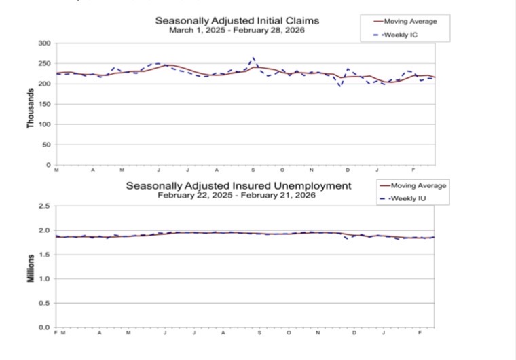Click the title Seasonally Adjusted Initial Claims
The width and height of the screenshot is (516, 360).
(x=237, y=21)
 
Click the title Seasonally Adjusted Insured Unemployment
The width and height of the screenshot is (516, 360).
(x=238, y=185)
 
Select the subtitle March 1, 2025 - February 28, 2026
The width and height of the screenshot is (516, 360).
(x=237, y=31)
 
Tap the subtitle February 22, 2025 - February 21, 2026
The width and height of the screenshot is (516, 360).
(x=237, y=195)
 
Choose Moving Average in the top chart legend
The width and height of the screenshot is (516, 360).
(x=410, y=22)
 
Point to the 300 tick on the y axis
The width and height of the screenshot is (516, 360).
(x=44, y=43)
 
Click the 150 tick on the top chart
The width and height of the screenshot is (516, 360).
(x=44, y=104)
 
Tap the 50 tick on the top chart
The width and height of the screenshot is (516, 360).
(x=46, y=145)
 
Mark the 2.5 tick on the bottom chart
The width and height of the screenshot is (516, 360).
(x=45, y=206)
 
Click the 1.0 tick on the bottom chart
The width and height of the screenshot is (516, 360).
(x=45, y=279)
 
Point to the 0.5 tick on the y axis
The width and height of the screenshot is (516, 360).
(x=45, y=304)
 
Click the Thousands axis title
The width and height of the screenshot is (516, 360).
(x=31, y=109)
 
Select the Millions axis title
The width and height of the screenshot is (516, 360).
(x=31, y=268)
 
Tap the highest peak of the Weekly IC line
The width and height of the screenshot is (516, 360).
(x=253, y=58)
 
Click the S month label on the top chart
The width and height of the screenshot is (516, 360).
(x=253, y=170)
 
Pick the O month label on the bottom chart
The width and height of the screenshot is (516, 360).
(x=289, y=333)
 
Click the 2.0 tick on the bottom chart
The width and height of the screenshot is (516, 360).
(x=45, y=230)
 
